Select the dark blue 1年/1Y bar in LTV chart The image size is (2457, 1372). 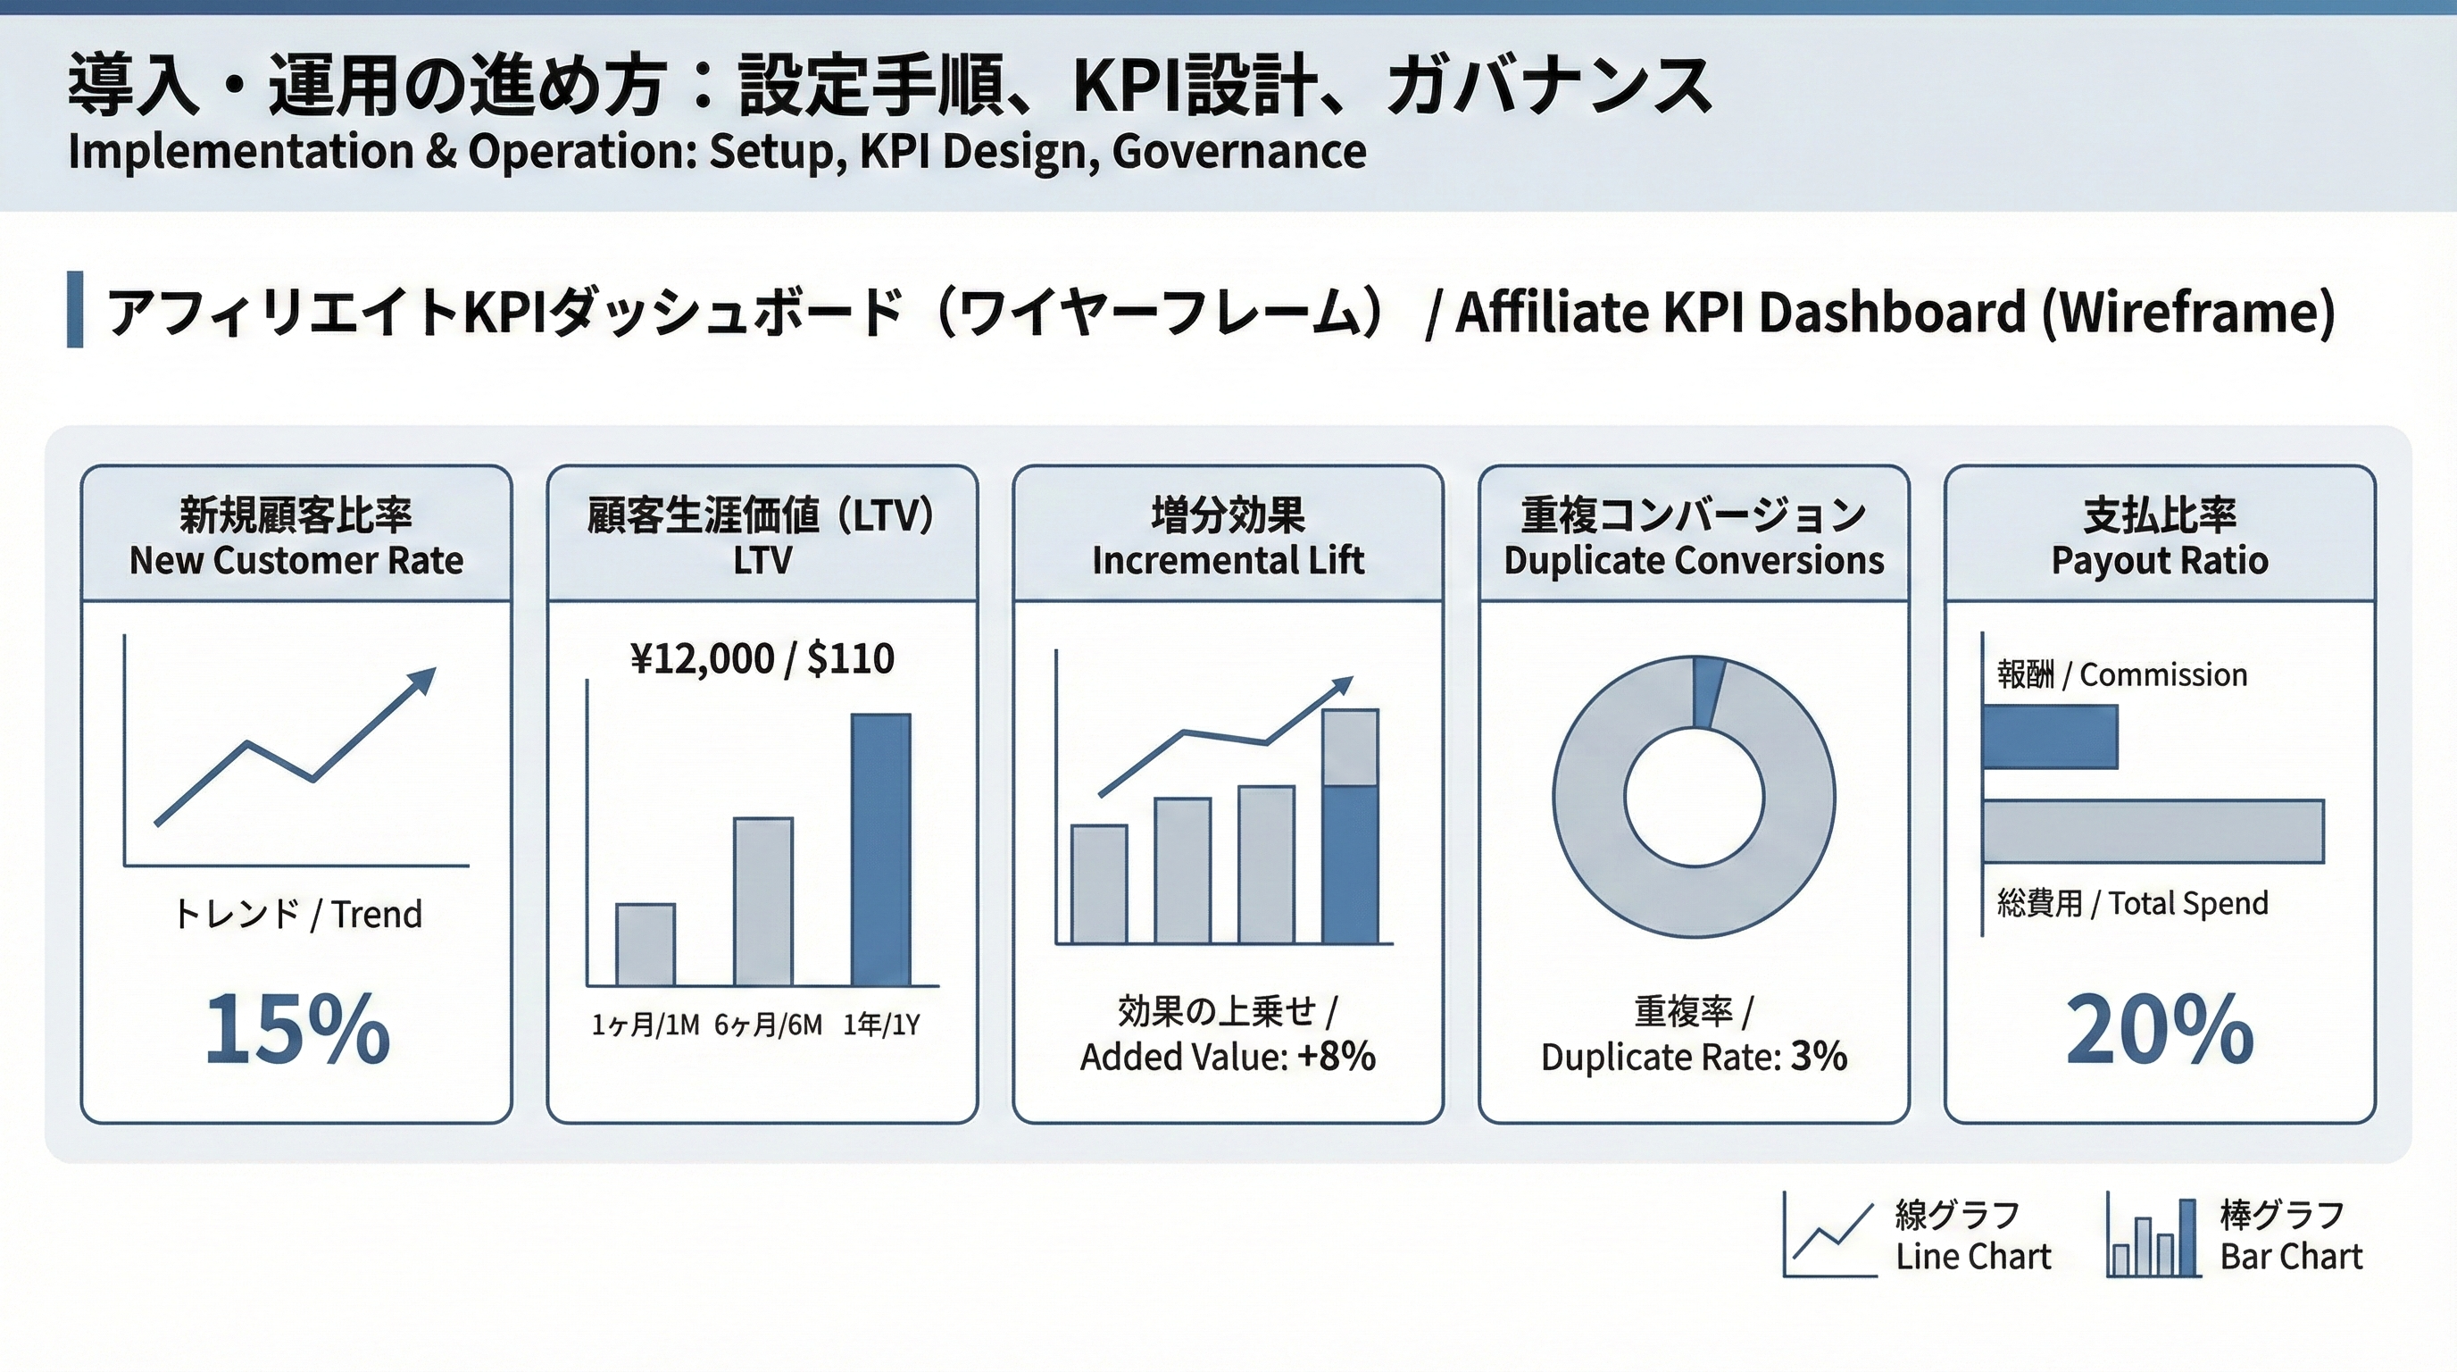click(880, 849)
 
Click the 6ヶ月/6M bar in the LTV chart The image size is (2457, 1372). click(763, 901)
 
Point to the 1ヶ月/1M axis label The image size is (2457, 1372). click(645, 1025)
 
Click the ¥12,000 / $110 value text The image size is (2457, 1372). click(762, 658)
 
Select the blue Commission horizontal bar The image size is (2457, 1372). click(2050, 737)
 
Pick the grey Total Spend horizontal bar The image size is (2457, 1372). click(2153, 831)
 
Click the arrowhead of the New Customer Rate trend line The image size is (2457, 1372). click(422, 681)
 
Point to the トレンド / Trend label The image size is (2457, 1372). click(296, 914)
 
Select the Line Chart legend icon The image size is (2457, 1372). click(1829, 1234)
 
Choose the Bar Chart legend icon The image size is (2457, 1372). click(2153, 1236)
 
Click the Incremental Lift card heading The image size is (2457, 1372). click(1228, 536)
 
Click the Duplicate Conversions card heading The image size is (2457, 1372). click(1694, 536)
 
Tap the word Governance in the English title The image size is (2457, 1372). click(1238, 152)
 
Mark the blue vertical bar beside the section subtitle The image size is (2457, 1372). click(74, 309)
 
